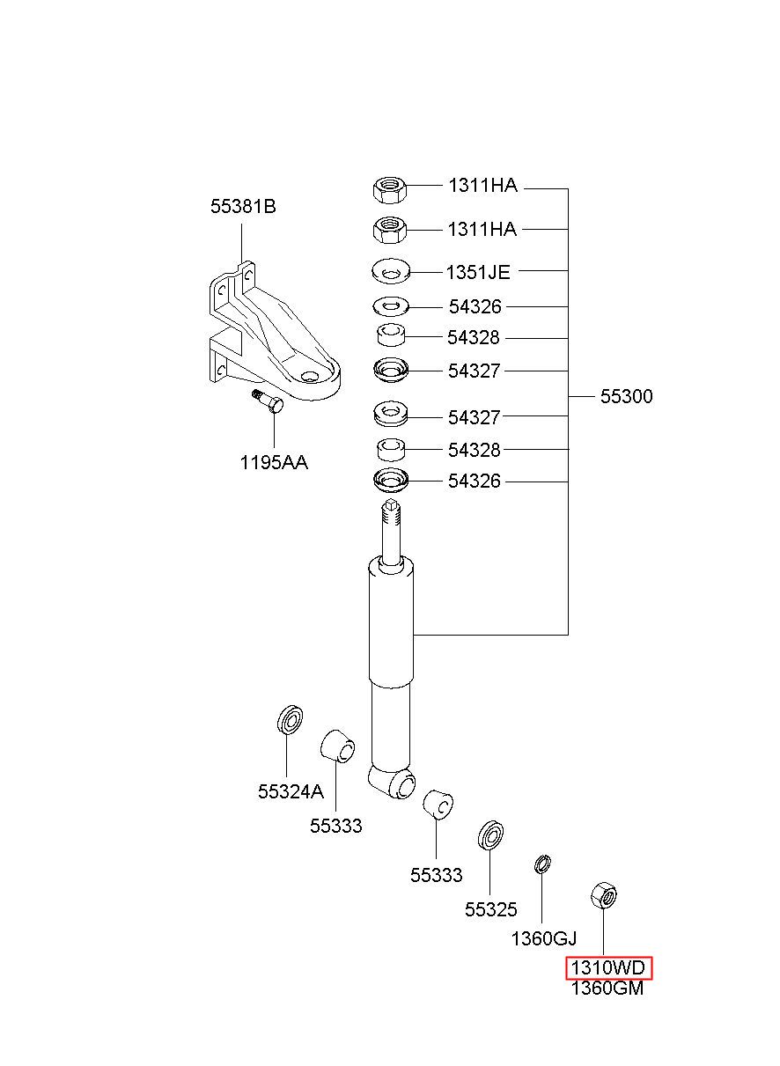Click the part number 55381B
[243, 207]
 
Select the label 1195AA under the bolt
[274, 462]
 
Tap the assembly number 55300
[626, 396]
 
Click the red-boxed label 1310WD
[608, 967]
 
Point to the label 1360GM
[607, 989]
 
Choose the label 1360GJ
[543, 938]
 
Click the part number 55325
[490, 909]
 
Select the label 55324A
[291, 791]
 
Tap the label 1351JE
[478, 273]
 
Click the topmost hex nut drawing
[389, 189]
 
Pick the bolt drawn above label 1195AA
[268, 402]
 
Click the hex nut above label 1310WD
[603, 895]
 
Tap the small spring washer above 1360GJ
[542, 864]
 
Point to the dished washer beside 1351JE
[391, 271]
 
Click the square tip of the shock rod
[391, 504]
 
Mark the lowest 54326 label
[474, 482]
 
